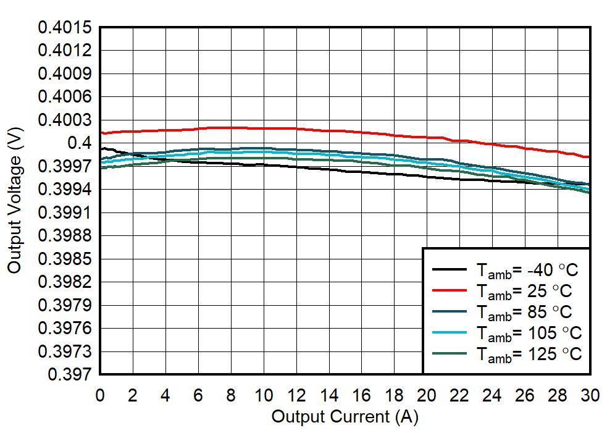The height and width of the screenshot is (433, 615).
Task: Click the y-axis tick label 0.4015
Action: point(65,28)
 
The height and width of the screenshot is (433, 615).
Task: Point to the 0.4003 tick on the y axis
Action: point(65,120)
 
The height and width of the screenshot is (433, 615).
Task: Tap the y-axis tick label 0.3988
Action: point(65,236)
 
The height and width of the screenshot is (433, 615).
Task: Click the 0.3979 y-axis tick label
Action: point(65,305)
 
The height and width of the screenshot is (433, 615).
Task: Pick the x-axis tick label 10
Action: point(264,396)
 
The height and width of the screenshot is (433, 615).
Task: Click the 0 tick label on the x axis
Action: point(100,396)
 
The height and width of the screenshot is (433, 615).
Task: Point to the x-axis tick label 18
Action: point(395,396)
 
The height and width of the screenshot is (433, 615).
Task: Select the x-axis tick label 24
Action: point(493,396)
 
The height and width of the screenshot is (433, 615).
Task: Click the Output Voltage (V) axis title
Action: point(16,201)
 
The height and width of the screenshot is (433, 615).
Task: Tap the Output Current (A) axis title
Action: point(345,417)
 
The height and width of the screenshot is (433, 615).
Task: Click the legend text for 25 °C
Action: point(524,291)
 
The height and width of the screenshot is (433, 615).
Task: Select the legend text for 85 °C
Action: point(524,312)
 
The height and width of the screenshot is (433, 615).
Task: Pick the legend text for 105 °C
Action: point(528,333)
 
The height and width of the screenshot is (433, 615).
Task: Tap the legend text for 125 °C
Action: point(528,354)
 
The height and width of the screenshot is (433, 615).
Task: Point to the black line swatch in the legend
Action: point(448,269)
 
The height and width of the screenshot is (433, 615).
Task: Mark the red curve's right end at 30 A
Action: point(590,157)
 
